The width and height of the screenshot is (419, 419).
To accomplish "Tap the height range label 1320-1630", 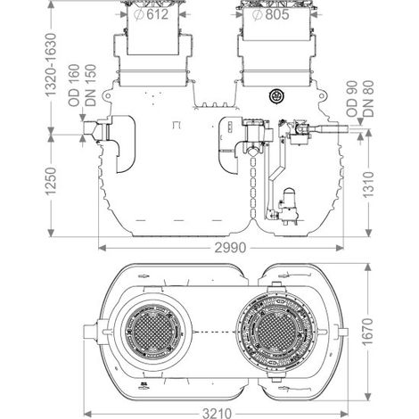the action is tap(51, 64).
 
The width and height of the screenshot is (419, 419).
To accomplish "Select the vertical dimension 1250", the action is tap(51, 182).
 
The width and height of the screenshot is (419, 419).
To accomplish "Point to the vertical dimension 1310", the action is tap(368, 185).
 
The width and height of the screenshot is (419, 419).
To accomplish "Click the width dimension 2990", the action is tap(230, 248).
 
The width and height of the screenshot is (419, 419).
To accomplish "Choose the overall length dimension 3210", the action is tap(217, 414).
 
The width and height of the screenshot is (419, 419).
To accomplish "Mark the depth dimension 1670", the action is tap(368, 332).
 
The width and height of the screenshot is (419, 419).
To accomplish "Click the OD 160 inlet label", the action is tap(74, 86).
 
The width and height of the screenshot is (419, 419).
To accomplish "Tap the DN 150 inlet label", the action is tap(91, 86).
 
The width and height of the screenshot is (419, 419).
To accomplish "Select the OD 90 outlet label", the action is tap(352, 99).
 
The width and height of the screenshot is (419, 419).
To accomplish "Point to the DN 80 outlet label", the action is tap(368, 99).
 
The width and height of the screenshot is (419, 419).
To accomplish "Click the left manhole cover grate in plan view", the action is tap(152, 331).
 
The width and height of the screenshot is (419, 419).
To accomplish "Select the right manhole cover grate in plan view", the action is tap(276, 332).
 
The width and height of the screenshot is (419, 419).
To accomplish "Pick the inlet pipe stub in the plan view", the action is tap(89, 332).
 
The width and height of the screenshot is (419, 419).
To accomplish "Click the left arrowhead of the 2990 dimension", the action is tap(102, 248).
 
